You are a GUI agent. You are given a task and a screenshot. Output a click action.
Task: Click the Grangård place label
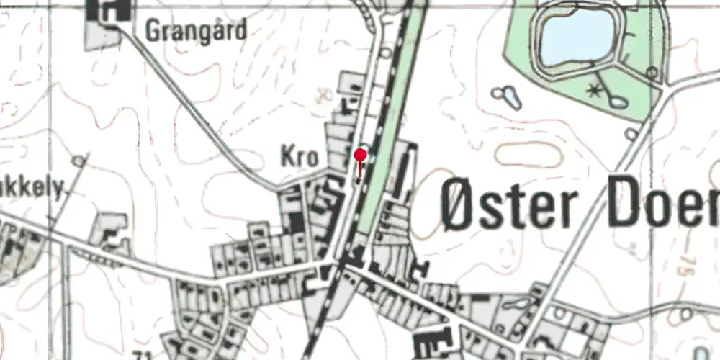[x=196, y=31]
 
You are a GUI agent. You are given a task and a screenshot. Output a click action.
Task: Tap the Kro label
[x=299, y=158]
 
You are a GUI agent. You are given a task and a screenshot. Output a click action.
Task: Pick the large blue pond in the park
[x=575, y=36]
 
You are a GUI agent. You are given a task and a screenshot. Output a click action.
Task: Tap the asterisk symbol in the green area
[x=594, y=90]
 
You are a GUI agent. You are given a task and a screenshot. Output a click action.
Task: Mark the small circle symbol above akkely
[x=78, y=161]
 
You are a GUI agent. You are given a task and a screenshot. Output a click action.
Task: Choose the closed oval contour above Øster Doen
[x=528, y=154]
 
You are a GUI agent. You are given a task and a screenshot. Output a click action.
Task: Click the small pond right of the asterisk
[x=616, y=100]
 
